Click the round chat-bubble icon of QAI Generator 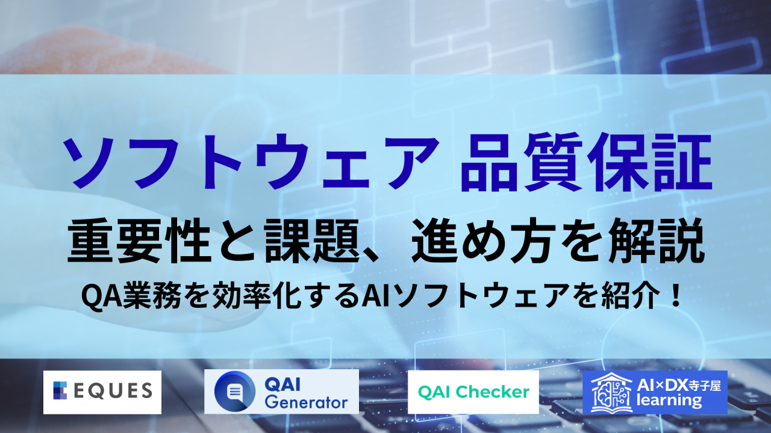coord(233,392)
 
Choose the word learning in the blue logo coord(667,402)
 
